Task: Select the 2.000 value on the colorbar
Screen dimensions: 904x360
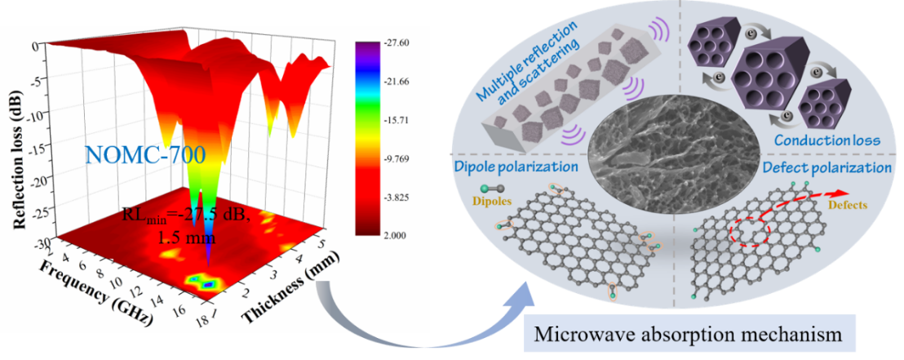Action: (394, 235)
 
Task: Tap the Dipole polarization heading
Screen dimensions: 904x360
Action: (516, 167)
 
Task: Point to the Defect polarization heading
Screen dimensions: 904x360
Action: (828, 168)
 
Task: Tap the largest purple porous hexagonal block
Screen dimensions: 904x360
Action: (775, 70)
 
